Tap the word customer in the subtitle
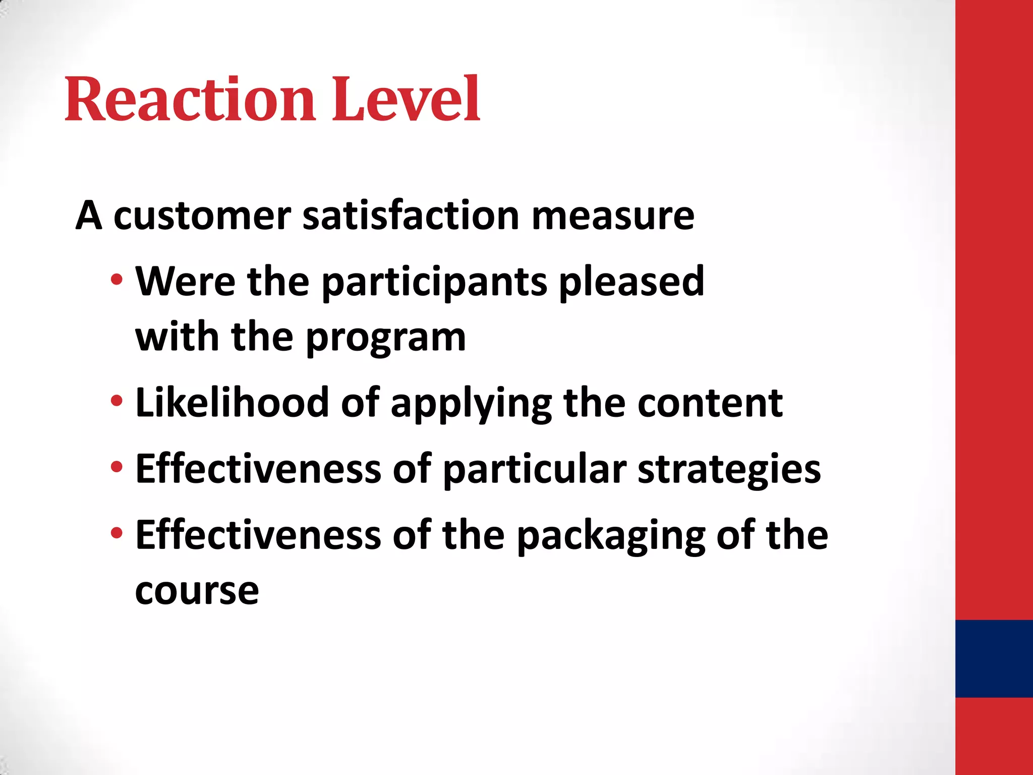pyautogui.click(x=202, y=216)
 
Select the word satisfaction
pyautogui.click(x=411, y=216)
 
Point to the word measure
pyautogui.click(x=613, y=216)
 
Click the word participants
pyautogui.click(x=434, y=283)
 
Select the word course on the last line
pyautogui.click(x=197, y=591)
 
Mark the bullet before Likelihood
pyautogui.click(x=117, y=401)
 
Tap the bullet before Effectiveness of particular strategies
pyautogui.click(x=117, y=467)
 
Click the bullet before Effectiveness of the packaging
pyautogui.click(x=117, y=533)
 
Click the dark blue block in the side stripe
pyautogui.click(x=994, y=658)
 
